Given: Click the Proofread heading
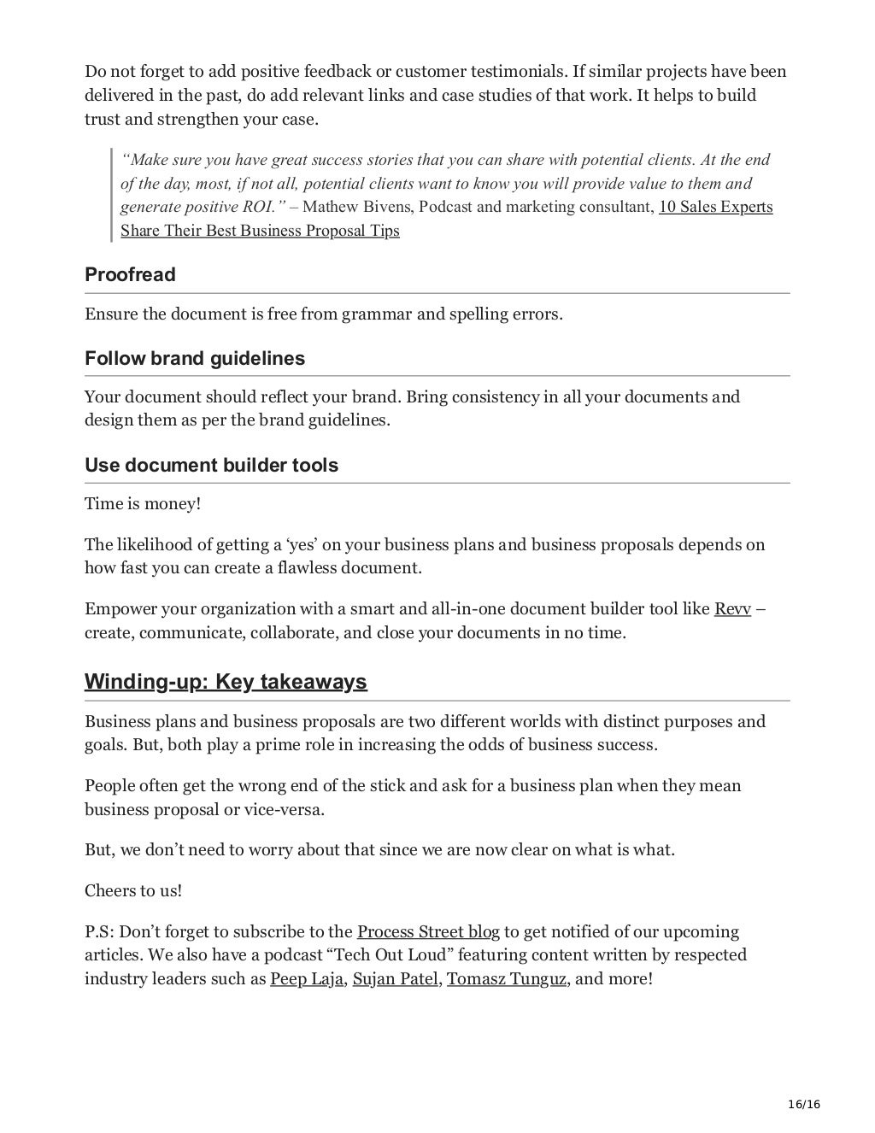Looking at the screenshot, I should (130, 275).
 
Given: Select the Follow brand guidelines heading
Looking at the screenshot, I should (195, 358).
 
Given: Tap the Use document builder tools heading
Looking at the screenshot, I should (211, 466).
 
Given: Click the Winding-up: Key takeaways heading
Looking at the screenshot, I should (226, 682).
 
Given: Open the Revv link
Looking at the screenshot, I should (732, 609).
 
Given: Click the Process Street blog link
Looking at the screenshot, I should (427, 931).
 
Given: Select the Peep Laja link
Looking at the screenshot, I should (307, 978).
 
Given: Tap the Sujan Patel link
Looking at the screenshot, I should (395, 978).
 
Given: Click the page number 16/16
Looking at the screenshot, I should (803, 1104).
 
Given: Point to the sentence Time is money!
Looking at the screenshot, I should (143, 504).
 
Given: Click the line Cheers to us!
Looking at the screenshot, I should (133, 890).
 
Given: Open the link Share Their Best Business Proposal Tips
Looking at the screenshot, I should (260, 231).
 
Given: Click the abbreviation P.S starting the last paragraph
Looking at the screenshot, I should (97, 931).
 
